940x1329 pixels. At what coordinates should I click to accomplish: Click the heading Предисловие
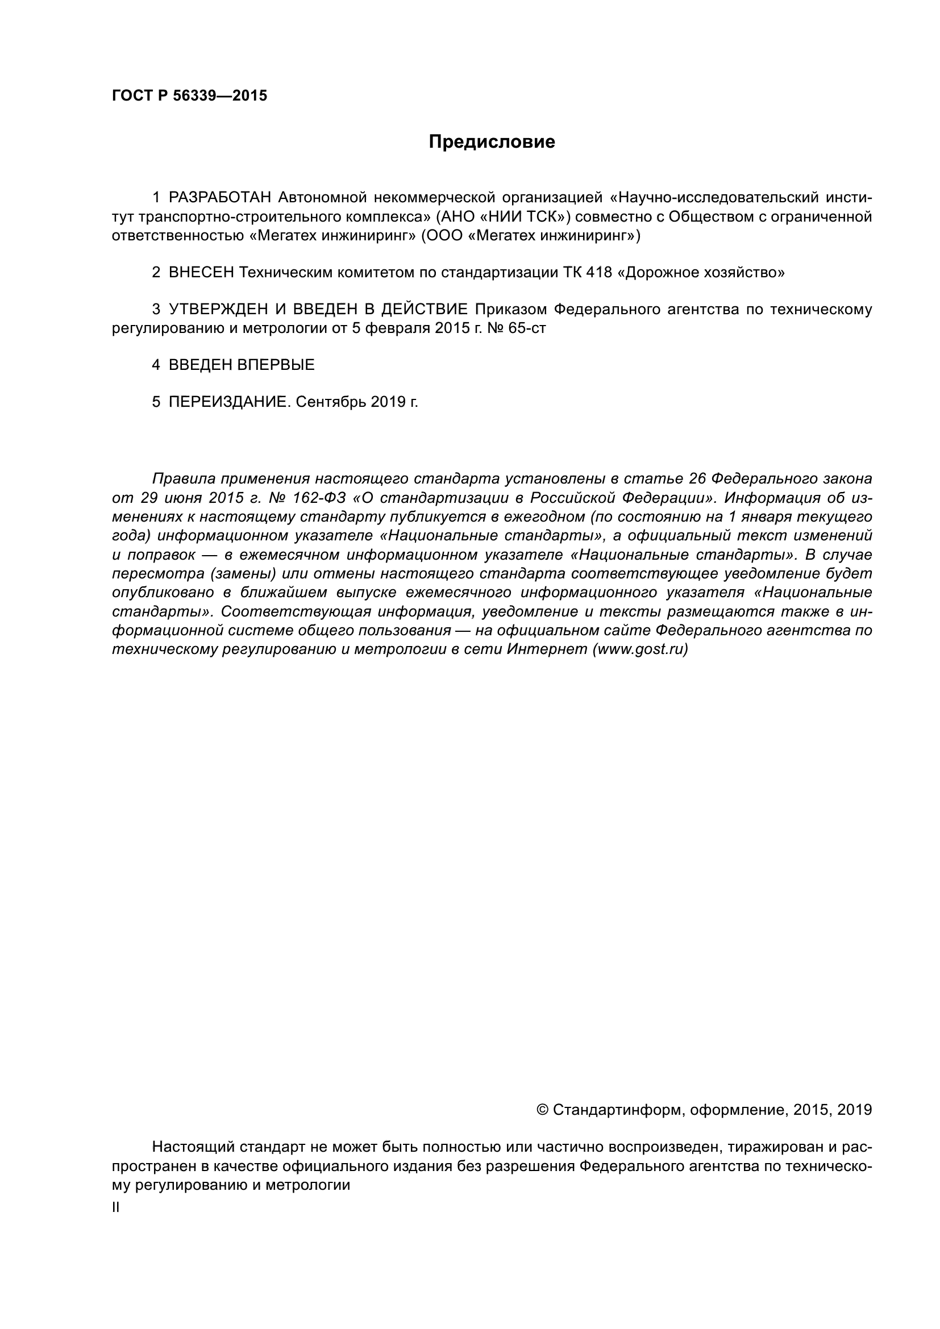point(492,142)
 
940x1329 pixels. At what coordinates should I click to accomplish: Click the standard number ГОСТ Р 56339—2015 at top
point(189,96)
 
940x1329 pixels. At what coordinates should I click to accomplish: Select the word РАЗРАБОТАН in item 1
point(219,198)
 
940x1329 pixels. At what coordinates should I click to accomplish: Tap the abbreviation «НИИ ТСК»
point(522,217)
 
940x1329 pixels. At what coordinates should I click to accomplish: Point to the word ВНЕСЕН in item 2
point(201,273)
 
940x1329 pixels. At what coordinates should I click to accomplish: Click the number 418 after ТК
point(598,273)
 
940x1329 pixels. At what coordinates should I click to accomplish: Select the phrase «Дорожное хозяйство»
point(701,273)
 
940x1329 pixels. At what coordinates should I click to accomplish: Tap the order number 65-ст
point(526,329)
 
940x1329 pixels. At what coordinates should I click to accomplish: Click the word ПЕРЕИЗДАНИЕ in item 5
point(227,402)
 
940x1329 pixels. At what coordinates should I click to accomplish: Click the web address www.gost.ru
point(639,649)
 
